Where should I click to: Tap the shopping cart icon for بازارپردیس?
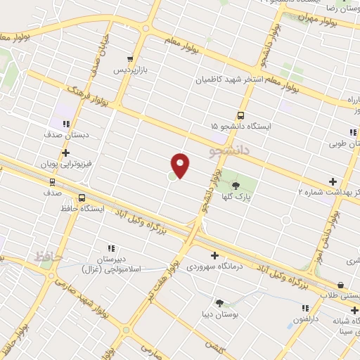pos(129,59)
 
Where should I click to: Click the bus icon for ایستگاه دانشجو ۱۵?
pos(241,115)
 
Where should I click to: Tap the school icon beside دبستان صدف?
pos(65,124)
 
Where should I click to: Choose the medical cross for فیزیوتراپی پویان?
pos(65,153)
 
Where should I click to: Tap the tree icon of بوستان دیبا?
pos(220,303)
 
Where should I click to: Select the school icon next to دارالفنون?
pos(305,307)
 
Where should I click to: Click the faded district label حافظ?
pos(48,257)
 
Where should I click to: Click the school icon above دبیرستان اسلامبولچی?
pos(111,247)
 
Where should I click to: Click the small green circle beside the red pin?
pos(173,175)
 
